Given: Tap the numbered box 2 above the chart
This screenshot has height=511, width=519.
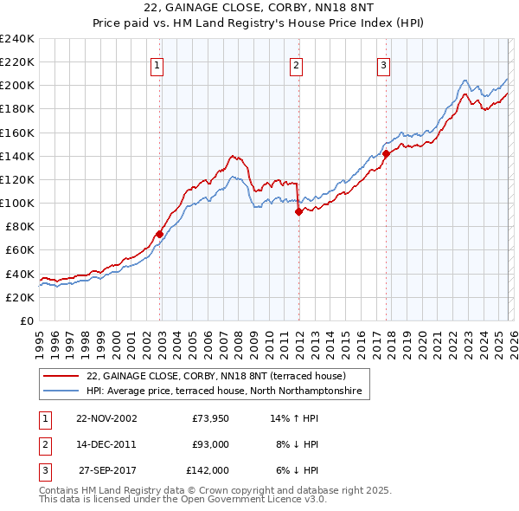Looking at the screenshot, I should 296,63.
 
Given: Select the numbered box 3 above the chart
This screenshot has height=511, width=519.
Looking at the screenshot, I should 383,63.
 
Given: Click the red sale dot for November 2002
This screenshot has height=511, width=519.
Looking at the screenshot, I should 160,234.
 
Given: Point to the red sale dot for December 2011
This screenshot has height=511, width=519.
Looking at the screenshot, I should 298,211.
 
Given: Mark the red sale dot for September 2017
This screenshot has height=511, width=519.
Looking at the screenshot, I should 386,154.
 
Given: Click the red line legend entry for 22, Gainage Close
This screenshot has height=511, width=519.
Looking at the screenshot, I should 216,376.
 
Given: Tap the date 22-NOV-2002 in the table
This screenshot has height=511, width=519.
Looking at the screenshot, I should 106,417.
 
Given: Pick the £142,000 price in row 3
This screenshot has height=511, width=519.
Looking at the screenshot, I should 208,470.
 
